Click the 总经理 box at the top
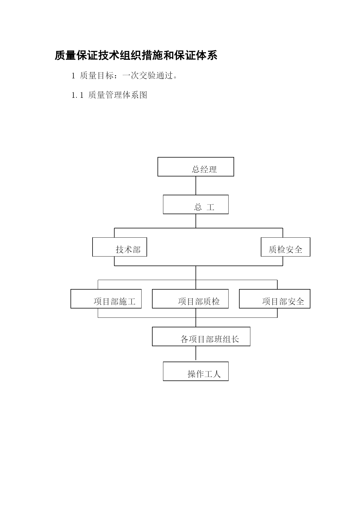(x=196, y=167)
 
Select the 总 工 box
(x=196, y=205)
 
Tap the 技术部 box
(x=120, y=247)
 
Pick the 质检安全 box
(x=285, y=247)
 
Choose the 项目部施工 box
(x=106, y=299)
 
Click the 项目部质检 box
(x=190, y=299)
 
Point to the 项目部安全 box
(x=275, y=299)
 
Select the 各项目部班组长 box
(x=201, y=337)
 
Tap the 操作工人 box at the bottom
(x=196, y=371)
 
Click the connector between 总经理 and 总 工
(x=196, y=186)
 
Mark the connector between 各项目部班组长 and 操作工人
(x=196, y=353)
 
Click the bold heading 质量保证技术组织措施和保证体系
(x=136, y=55)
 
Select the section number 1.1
(x=77, y=95)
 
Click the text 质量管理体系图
(x=118, y=95)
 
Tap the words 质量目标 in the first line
(x=97, y=76)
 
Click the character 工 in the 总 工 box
(x=211, y=207)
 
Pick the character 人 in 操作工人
(x=217, y=374)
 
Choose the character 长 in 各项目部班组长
(x=235, y=339)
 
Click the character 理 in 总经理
(x=213, y=169)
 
